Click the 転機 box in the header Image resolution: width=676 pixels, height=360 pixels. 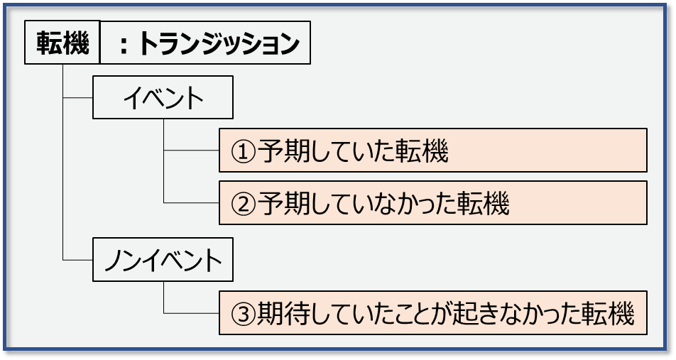[62, 44]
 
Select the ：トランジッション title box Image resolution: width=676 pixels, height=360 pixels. [205, 44]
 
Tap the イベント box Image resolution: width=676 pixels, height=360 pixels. [163, 98]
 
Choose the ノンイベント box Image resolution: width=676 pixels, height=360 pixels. [163, 262]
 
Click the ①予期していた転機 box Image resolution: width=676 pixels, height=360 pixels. [432, 151]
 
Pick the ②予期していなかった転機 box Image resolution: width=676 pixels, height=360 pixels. [432, 203]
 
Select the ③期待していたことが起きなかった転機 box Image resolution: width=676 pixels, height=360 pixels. [432, 313]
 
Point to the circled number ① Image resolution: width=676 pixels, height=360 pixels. [244, 151]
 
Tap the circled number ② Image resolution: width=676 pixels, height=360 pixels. [244, 204]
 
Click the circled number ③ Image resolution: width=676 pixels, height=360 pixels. [244, 314]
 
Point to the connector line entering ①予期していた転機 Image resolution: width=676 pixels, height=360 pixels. [191, 151]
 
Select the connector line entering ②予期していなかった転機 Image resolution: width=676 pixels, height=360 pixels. [191, 203]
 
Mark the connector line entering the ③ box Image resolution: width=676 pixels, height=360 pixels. [191, 313]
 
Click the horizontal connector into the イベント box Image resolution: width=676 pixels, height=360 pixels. [78, 98]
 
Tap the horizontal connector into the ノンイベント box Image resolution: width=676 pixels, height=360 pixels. [78, 262]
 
